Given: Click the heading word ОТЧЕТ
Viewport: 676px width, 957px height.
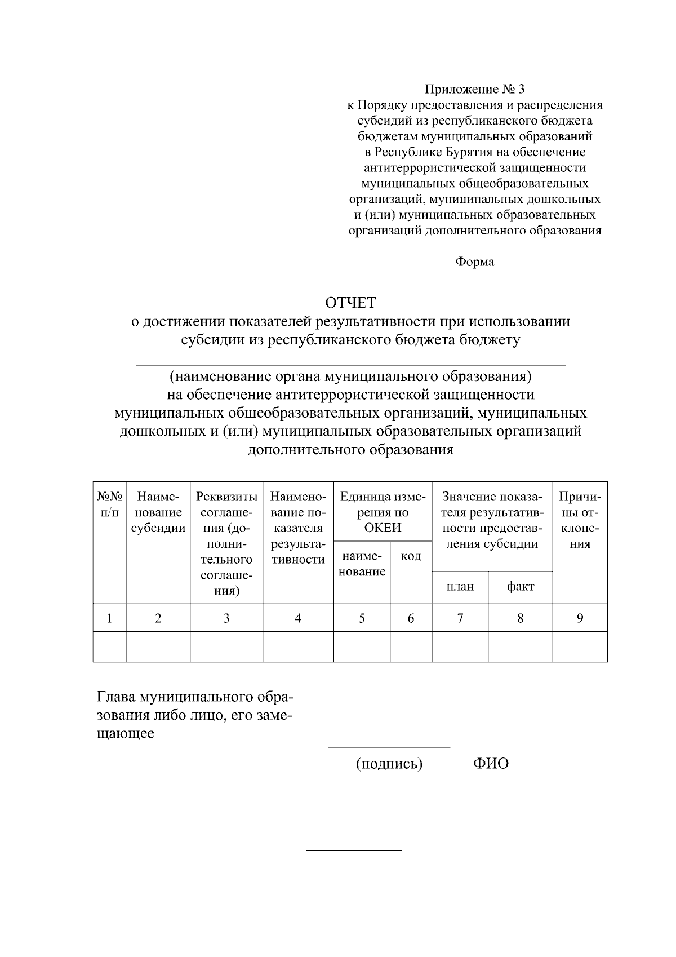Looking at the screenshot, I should [x=350, y=303].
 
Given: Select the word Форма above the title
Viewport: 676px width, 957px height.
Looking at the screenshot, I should [x=474, y=262].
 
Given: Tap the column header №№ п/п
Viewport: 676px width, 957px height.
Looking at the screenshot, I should [x=109, y=504].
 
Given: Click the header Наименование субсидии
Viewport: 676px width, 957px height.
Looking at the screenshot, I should [x=158, y=512].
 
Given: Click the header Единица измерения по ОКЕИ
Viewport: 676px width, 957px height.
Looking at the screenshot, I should [x=383, y=512].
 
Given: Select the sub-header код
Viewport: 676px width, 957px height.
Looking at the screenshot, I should [x=411, y=557].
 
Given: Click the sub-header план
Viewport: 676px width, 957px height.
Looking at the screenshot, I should [x=460, y=587].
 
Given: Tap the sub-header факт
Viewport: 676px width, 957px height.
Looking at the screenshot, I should [x=520, y=587].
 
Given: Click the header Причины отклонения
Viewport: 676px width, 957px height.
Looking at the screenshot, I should [x=580, y=520].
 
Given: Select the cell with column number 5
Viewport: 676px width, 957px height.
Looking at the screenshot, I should [x=362, y=618].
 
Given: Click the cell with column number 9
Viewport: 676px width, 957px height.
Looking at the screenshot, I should [x=580, y=618].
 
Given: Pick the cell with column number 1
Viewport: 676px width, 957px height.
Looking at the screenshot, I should [x=109, y=618].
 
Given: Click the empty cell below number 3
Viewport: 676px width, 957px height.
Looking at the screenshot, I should [x=226, y=646].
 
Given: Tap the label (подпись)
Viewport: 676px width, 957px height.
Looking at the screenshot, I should [x=389, y=764].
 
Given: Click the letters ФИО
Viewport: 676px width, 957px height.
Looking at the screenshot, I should [x=491, y=764].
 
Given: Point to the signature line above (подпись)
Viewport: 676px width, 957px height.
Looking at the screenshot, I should [x=389, y=747].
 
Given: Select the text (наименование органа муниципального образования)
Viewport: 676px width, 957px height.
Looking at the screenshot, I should [x=351, y=376].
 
